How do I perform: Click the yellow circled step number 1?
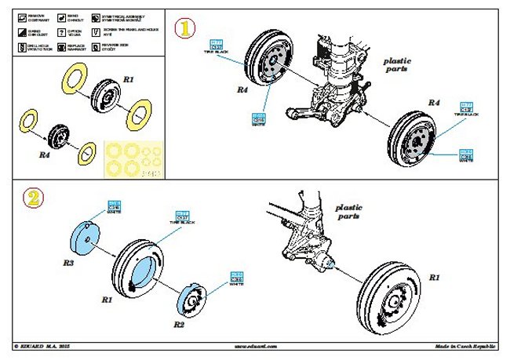[184, 31]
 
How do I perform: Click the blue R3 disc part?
[87, 238]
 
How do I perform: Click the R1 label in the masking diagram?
[129, 79]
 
